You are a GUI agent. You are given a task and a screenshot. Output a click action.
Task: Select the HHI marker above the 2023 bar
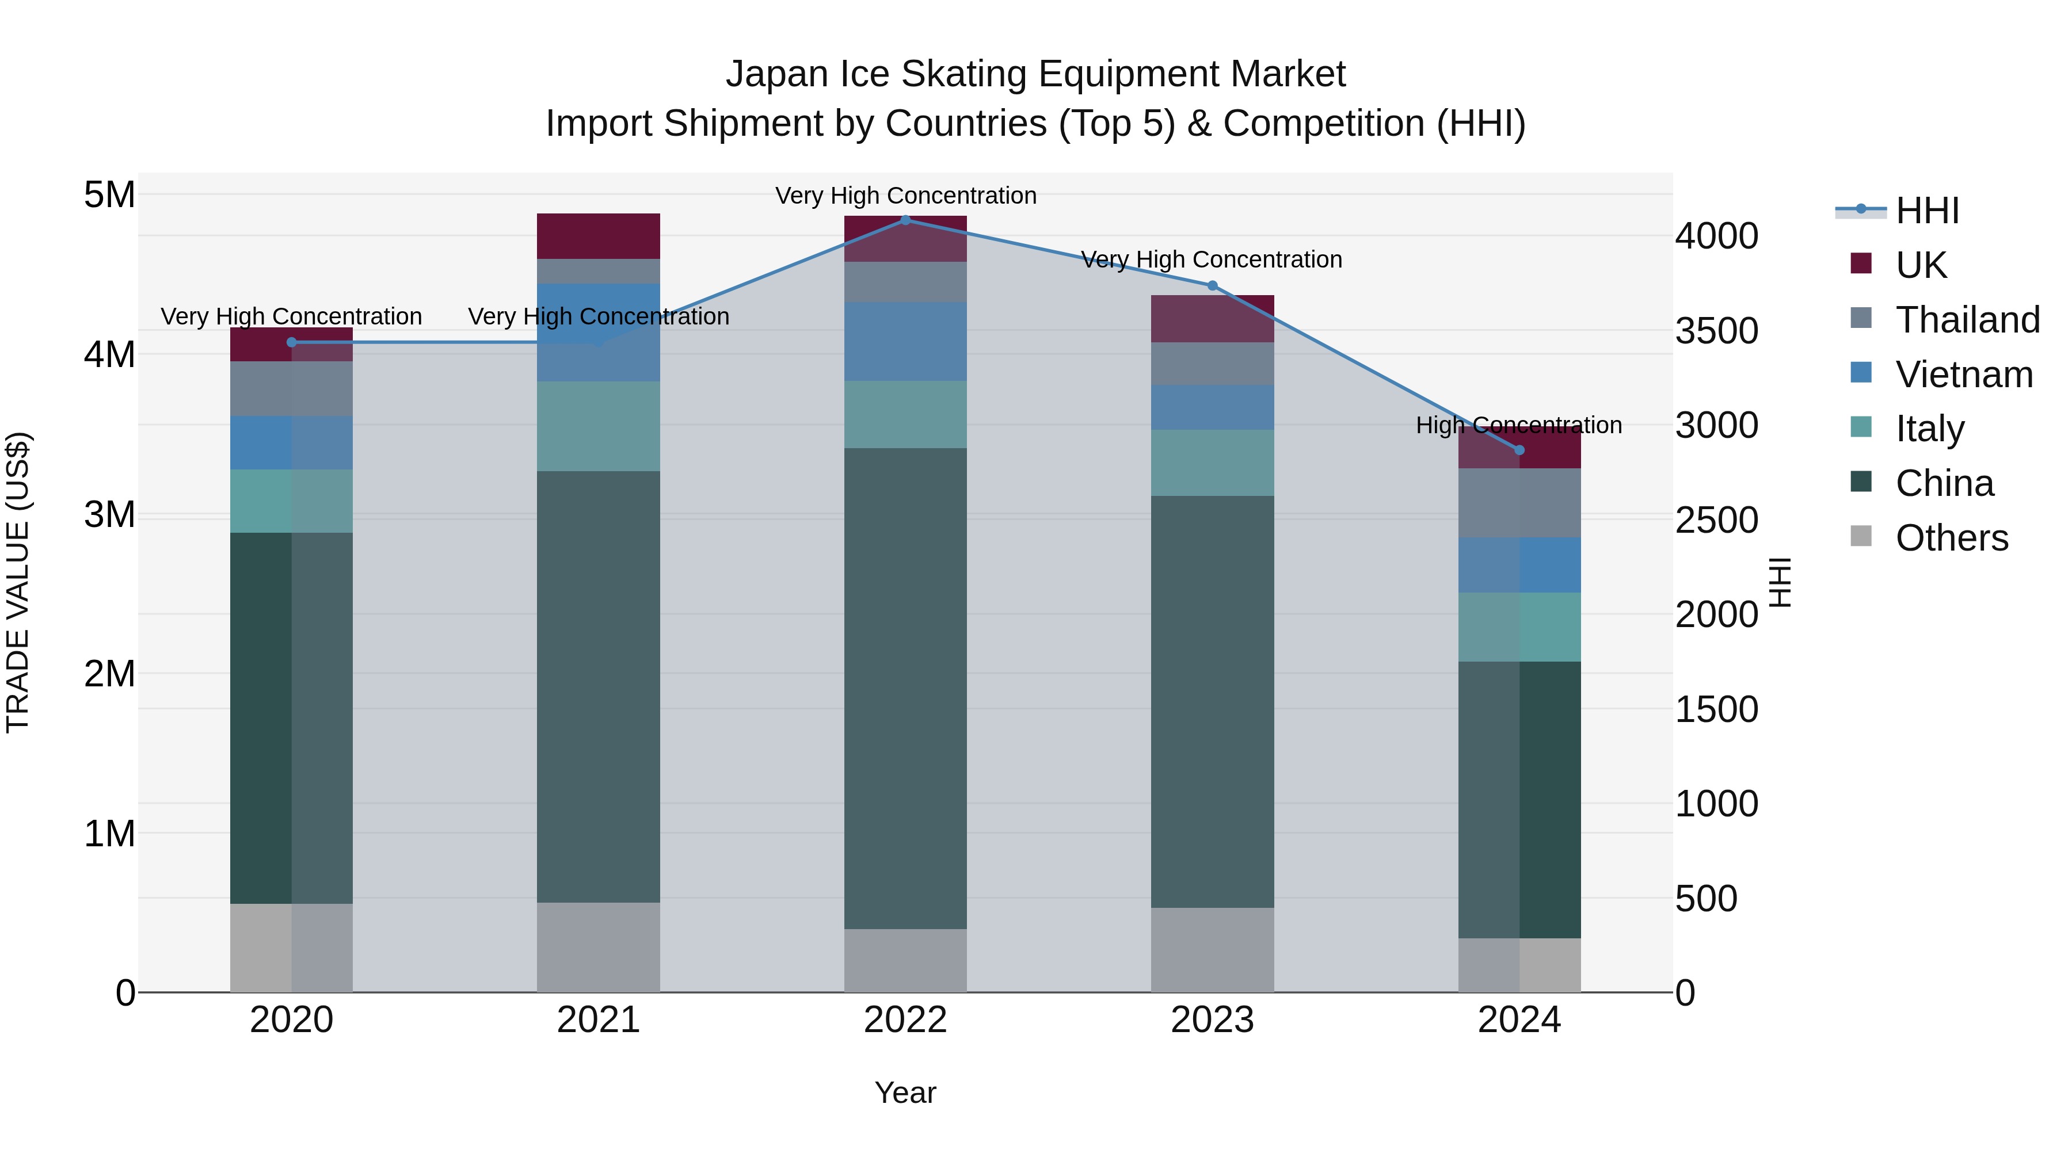[1212, 285]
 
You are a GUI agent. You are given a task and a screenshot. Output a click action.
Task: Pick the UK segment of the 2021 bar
[599, 235]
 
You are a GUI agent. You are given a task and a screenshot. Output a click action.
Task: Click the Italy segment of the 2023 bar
[1212, 463]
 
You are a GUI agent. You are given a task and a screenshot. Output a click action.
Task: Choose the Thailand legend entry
[1967, 319]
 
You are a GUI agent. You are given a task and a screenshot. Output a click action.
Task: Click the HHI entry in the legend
[1927, 211]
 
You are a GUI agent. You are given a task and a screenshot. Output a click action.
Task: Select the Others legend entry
[1951, 537]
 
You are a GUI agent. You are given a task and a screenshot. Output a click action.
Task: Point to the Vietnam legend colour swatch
[1861, 373]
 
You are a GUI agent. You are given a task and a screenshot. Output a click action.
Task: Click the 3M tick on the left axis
[110, 514]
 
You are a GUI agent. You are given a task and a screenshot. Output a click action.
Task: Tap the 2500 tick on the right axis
[1716, 520]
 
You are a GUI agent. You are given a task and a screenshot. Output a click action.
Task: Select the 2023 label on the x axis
[1212, 1020]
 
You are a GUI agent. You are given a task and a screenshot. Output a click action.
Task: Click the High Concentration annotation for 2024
[1519, 425]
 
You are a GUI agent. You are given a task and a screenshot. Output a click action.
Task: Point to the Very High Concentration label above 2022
[906, 196]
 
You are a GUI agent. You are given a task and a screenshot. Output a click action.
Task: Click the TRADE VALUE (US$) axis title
[18, 582]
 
